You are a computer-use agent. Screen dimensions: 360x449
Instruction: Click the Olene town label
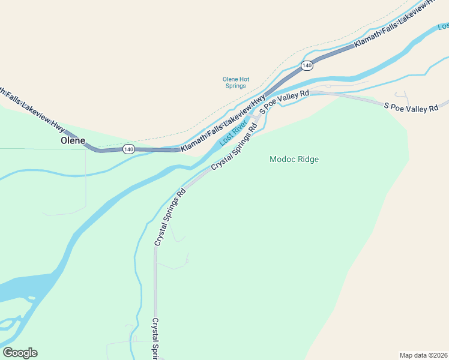coord(73,140)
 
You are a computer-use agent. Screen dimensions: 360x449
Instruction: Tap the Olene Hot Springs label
coord(235,82)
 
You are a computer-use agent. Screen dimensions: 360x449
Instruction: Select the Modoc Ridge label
coord(294,159)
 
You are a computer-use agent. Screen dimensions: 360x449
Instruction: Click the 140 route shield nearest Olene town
coord(128,149)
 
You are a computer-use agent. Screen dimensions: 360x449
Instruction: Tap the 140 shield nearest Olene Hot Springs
coord(307,65)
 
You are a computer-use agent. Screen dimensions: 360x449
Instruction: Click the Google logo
coord(20,353)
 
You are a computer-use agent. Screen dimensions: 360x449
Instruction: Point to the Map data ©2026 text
coord(423,355)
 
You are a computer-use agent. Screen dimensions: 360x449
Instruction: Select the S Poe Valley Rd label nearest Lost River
coord(285,100)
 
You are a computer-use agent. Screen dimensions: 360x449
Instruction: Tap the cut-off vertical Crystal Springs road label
coord(155,338)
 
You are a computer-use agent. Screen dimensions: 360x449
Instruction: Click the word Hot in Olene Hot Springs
coord(243,79)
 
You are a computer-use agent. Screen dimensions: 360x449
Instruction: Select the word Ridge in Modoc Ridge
coord(307,159)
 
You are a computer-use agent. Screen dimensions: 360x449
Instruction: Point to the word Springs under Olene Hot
coord(235,86)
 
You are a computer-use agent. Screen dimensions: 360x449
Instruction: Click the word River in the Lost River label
coord(239,128)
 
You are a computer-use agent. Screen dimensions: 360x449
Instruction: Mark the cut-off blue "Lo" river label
coord(443,27)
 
